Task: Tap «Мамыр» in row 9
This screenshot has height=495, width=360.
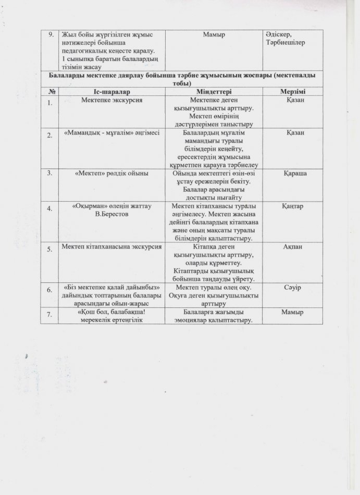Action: tap(214, 34)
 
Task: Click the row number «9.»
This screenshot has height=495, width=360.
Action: tap(51, 34)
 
